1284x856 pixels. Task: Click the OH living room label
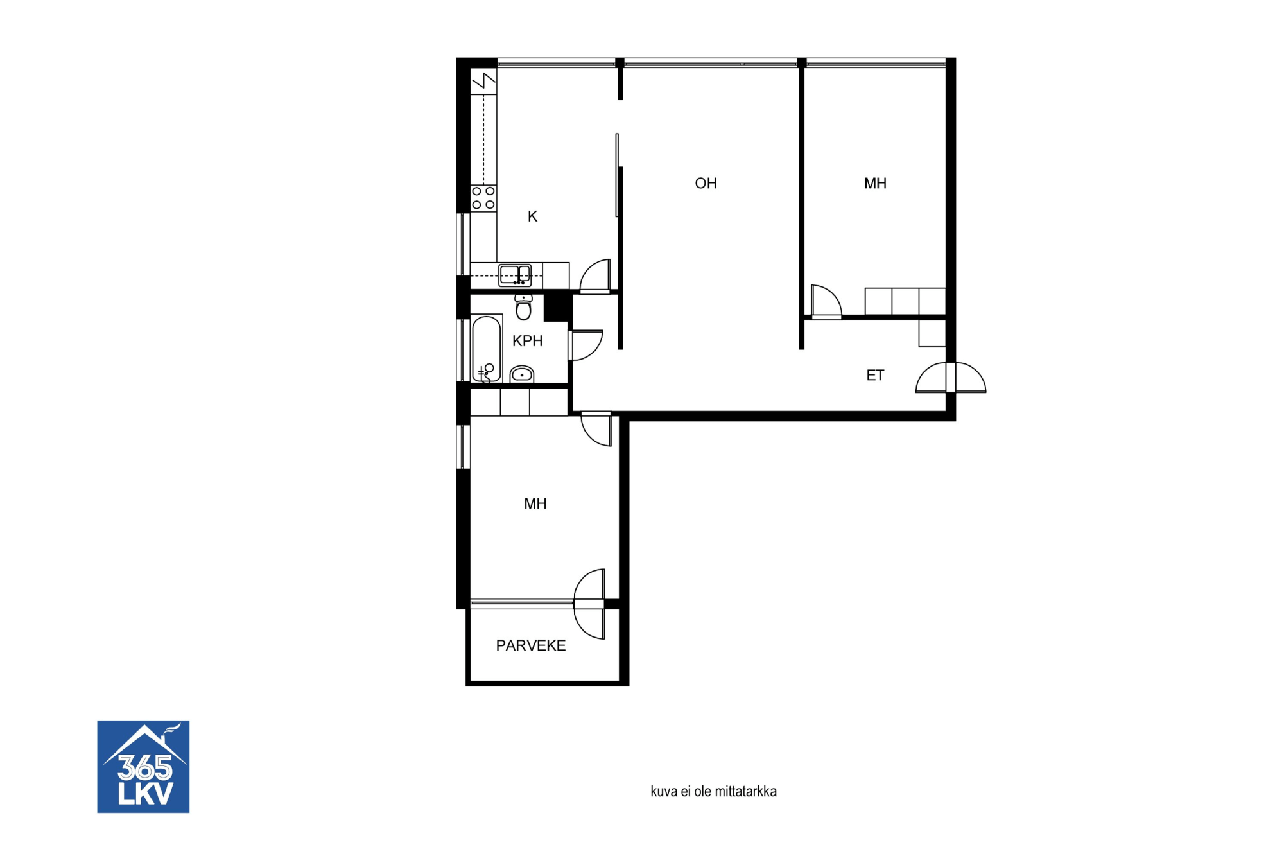point(706,184)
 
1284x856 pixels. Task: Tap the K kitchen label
point(532,216)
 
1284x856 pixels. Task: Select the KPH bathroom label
point(527,341)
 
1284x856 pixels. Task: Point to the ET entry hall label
point(875,375)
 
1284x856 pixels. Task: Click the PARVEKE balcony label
point(531,645)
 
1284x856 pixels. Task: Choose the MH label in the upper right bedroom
point(875,184)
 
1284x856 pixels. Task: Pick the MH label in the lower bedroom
point(535,504)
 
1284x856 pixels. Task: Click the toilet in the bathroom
point(524,307)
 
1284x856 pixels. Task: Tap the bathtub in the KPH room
point(487,349)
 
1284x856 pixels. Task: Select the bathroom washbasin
point(522,374)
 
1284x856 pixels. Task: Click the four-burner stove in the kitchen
point(483,198)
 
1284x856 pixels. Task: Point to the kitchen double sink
point(515,275)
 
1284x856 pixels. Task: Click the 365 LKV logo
point(143,767)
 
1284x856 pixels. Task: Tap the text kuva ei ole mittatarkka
point(713,792)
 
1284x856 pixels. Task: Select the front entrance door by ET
point(951,378)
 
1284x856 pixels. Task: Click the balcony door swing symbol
point(589,604)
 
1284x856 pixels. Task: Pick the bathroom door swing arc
point(586,345)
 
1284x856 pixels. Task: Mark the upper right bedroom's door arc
point(826,301)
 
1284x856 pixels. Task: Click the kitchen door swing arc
point(595,275)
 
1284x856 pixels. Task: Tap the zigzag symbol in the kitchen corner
point(484,82)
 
